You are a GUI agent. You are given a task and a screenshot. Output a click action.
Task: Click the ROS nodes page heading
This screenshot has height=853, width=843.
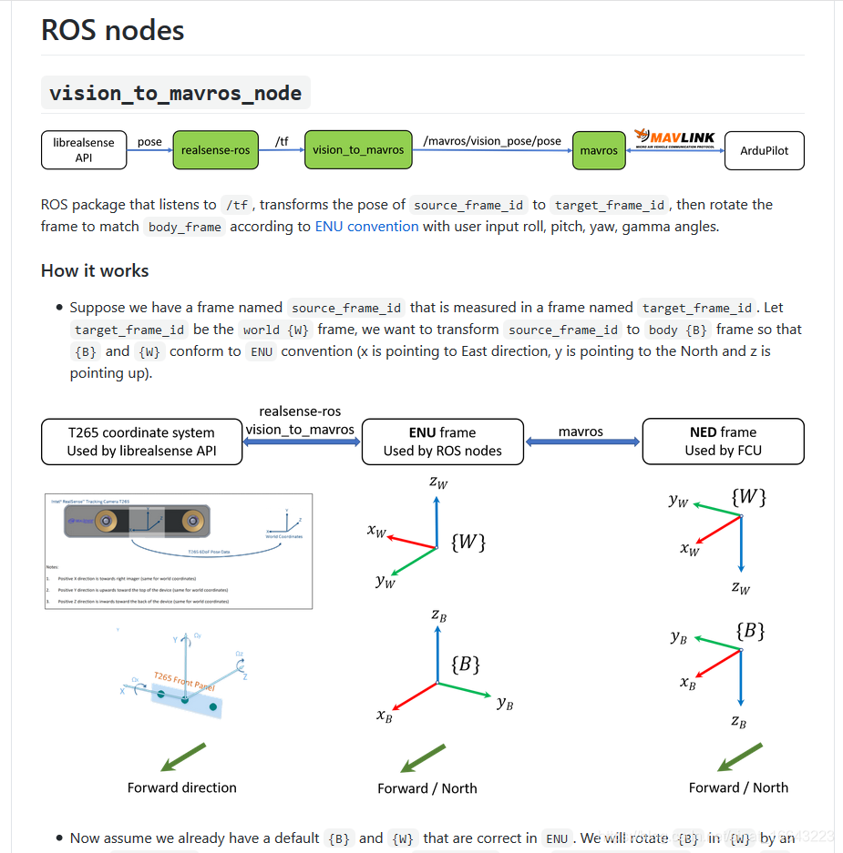[x=113, y=30]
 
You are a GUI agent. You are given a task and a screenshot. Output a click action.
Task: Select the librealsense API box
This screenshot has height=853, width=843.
[x=83, y=150]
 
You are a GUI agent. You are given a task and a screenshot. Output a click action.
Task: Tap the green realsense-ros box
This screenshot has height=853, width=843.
[x=215, y=150]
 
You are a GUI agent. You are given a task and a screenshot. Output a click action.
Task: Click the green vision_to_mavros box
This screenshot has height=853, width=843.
[x=357, y=150]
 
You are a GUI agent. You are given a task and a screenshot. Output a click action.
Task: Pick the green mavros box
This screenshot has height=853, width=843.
[x=598, y=150]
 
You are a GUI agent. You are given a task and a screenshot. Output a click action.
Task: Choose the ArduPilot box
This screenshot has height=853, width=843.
[x=764, y=150]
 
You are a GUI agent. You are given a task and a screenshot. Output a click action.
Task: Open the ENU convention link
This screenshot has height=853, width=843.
[x=366, y=227]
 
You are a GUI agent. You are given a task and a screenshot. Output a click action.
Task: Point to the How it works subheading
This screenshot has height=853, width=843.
[x=95, y=271]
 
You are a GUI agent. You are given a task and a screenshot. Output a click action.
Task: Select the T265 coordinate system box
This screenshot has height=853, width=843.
[x=141, y=442]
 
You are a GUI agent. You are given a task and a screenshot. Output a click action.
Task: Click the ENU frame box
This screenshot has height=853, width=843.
[x=442, y=442]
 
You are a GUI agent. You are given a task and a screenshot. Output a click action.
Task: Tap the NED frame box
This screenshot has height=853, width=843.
[x=723, y=442]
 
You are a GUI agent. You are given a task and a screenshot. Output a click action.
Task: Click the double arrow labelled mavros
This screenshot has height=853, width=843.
[x=582, y=442]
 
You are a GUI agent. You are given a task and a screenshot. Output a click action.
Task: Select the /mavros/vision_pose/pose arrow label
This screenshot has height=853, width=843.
[x=492, y=142]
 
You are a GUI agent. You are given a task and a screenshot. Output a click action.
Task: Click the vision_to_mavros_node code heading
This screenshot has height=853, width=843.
[x=176, y=93]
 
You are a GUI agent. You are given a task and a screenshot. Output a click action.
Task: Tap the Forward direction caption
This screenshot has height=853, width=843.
[x=181, y=787]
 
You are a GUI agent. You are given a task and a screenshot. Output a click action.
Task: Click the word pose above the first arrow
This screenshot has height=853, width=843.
[x=149, y=142]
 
